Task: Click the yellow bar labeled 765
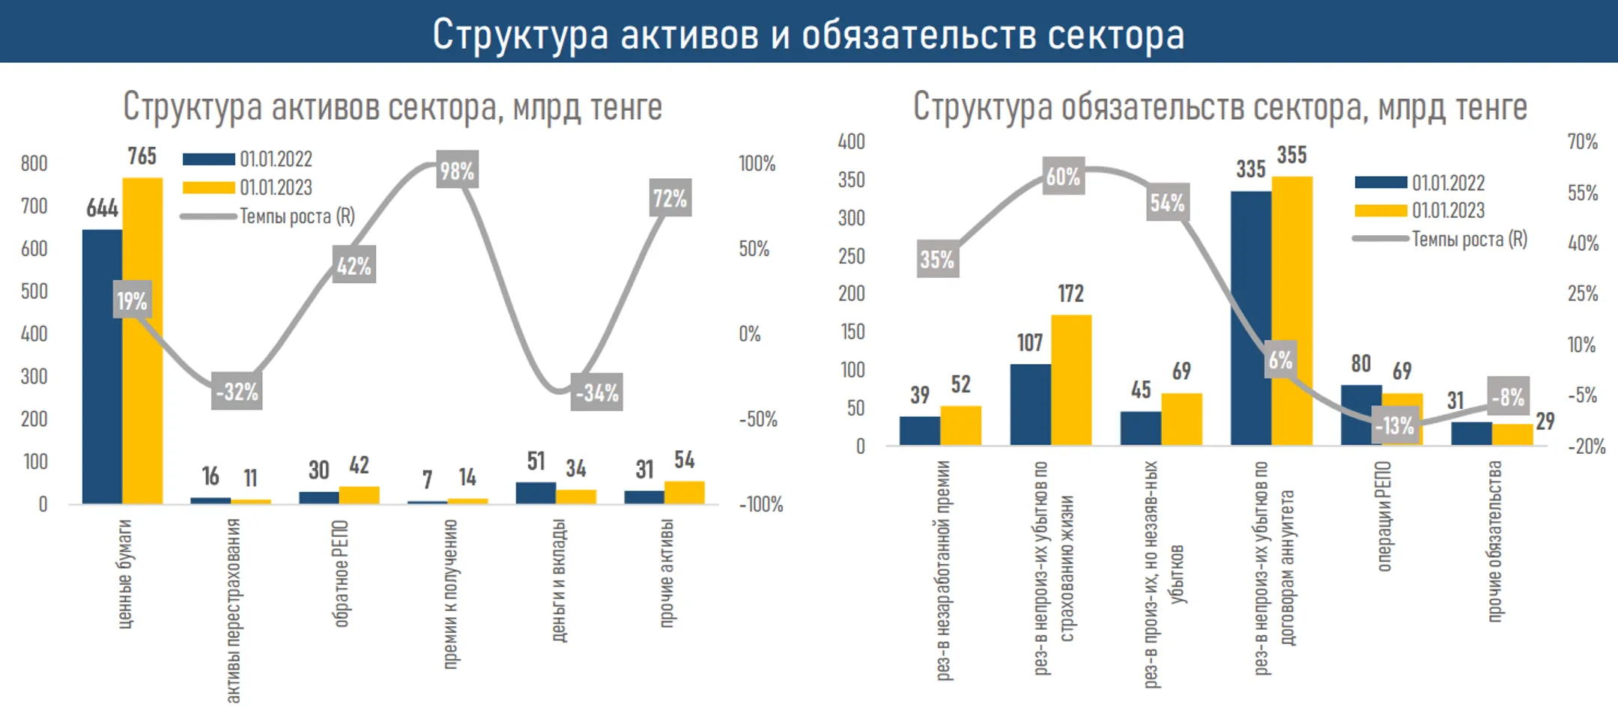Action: (x=142, y=341)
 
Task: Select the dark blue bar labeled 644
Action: (x=102, y=366)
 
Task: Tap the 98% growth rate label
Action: (x=457, y=171)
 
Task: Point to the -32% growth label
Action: (x=237, y=391)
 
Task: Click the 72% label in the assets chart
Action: (x=670, y=198)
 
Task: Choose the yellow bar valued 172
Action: (x=1071, y=380)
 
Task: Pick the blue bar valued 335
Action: (x=1250, y=318)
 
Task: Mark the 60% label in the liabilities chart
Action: (x=1063, y=177)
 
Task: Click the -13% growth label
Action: (x=1394, y=425)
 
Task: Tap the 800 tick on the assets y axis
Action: (x=34, y=163)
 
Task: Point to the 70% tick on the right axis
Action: (x=1582, y=142)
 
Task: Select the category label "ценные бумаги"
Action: (x=125, y=573)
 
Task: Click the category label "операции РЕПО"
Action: (x=1384, y=516)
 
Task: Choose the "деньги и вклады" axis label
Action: (x=559, y=580)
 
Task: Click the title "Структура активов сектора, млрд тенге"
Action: (x=393, y=106)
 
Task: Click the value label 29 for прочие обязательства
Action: (x=1545, y=421)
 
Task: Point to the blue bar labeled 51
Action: (x=536, y=493)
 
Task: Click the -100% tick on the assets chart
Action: (x=760, y=504)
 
